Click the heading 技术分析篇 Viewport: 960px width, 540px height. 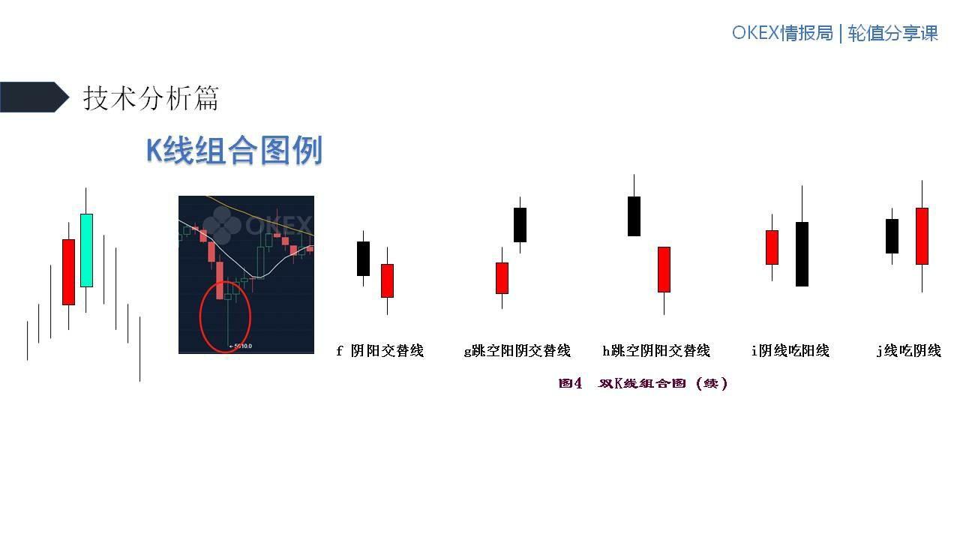pos(151,98)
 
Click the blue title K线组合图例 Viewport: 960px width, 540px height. pos(234,151)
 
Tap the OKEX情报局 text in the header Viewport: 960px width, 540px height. pos(782,34)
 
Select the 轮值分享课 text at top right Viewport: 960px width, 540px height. pos(893,34)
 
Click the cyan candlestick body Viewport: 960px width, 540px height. pos(86,250)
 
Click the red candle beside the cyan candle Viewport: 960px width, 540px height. pos(68,271)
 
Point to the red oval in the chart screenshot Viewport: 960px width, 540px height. pos(225,316)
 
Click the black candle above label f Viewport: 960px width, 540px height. pos(363,258)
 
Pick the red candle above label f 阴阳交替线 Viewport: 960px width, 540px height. pos(387,280)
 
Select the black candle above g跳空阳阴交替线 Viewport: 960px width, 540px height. pos(520,224)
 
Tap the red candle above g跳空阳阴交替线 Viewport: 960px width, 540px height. pos(502,277)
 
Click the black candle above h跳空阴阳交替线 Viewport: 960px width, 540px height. pos(634,216)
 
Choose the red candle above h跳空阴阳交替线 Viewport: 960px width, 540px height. pos(664,269)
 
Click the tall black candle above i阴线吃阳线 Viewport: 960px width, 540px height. pos(802,253)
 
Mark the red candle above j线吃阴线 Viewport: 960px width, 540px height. pos(922,235)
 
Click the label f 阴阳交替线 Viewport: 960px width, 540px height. pos(379,350)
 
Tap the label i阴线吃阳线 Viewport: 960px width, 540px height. pos(790,350)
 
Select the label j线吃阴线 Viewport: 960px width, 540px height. pos(908,350)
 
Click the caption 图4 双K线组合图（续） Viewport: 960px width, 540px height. pos(643,383)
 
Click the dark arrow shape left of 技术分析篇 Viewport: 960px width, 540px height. pos(34,97)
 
